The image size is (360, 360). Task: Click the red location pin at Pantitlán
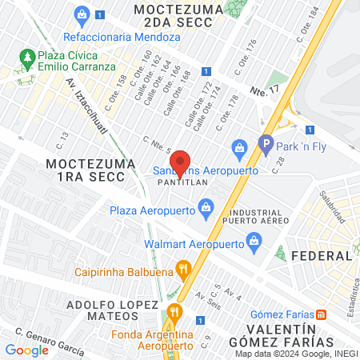[180, 162]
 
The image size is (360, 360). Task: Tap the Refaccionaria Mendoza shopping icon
[81, 14]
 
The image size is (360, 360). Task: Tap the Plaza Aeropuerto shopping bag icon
[206, 210]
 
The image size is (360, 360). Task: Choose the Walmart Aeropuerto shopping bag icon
[254, 239]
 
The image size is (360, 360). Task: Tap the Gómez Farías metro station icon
[321, 314]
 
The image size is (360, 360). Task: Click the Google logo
[27, 350]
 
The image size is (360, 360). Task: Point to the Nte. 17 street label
[263, 92]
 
